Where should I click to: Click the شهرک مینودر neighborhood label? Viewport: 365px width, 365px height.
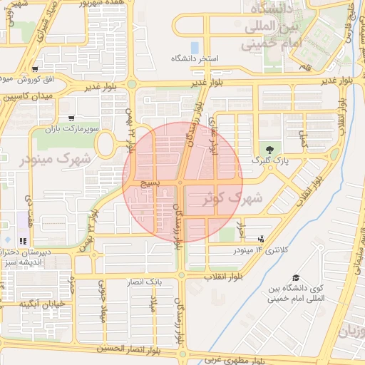point(51,159)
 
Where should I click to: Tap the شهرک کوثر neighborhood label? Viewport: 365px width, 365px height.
point(232,197)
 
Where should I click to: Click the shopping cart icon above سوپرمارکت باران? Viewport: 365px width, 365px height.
point(71,118)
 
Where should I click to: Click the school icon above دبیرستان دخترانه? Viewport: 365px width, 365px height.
point(24,240)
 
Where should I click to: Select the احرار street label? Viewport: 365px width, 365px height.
point(241,232)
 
